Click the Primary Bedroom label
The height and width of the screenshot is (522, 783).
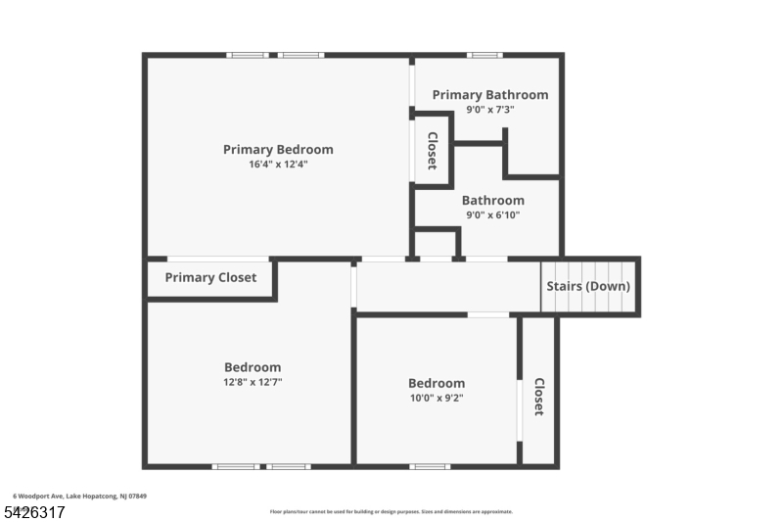(278, 150)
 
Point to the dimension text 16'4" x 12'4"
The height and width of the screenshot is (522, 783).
(278, 165)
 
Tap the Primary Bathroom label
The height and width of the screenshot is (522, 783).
(490, 95)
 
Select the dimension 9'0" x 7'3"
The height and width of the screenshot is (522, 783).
(490, 110)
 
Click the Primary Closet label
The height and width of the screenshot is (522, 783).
(210, 278)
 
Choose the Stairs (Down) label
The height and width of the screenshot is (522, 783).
(587, 287)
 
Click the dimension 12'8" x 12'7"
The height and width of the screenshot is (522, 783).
(253, 382)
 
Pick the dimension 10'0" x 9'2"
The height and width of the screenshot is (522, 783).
(437, 398)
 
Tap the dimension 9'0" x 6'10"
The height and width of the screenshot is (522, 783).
(493, 215)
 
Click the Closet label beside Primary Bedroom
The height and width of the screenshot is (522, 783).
(432, 151)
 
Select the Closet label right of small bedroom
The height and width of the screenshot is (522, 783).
(538, 397)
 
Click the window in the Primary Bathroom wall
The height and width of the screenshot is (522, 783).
(484, 56)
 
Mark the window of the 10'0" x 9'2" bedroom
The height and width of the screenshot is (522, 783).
(430, 466)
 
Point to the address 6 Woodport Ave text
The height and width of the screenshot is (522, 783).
(79, 497)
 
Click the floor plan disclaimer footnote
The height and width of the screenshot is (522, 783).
(391, 511)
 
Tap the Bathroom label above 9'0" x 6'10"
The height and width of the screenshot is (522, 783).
(493, 201)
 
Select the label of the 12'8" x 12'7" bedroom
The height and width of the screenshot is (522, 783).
(253, 367)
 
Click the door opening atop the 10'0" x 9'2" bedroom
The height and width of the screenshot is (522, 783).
(487, 314)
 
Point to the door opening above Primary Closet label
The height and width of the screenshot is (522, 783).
(205, 259)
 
